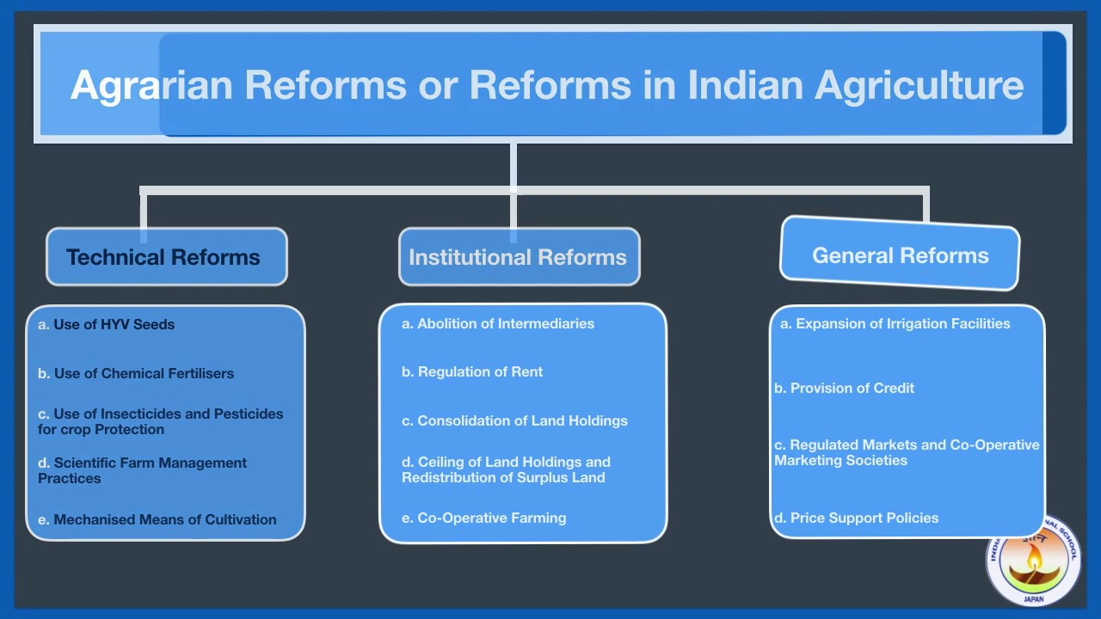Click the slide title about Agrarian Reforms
coord(547,85)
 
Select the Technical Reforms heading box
coord(163,257)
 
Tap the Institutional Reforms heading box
coord(518,257)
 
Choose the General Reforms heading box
coord(900,255)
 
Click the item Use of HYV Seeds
coord(107,325)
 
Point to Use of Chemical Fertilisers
coord(136,374)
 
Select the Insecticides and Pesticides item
coord(160,421)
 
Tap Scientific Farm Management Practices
coord(142,470)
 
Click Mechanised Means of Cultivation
coord(157,519)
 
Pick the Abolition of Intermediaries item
coord(498,324)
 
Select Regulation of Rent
coord(472,372)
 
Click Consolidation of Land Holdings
coord(514,421)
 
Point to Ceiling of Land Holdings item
coord(506,469)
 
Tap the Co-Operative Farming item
coord(484,518)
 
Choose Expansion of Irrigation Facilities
coord(895,324)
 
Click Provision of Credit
coord(844,389)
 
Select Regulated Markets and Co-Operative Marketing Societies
coord(907,452)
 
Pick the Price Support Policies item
coord(856,518)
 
